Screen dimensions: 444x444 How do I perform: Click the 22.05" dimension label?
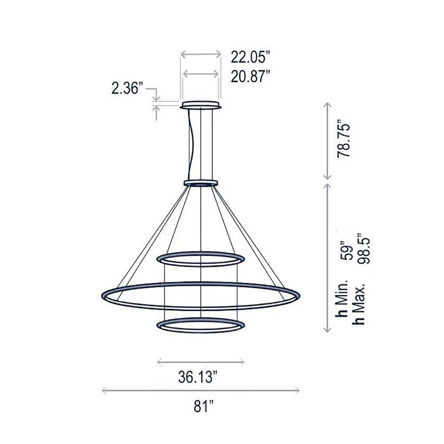[250, 57]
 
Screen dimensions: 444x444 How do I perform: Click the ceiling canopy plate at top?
[201, 106]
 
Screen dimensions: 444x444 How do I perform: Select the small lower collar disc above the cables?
[201, 182]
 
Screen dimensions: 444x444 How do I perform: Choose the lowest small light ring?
[201, 325]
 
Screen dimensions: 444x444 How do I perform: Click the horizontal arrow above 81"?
[200, 390]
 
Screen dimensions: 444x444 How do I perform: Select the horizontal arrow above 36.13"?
[201, 362]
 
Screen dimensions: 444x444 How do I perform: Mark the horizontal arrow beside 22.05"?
[201, 54]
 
